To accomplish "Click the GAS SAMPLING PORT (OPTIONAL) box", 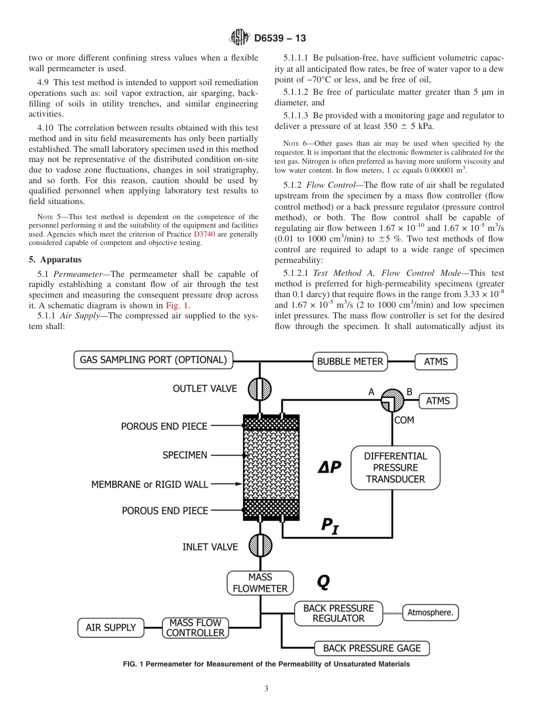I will coord(154,360).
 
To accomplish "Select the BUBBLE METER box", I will coord(350,362).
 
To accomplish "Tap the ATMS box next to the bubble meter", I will coord(436,362).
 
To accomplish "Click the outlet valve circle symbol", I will coord(260,388).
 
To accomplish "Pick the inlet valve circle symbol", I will coord(260,546).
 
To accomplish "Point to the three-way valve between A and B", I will coord(392,401).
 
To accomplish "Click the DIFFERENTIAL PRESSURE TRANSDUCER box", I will coord(395,467).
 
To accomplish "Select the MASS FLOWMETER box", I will coord(260,583).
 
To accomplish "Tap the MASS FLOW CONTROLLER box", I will coord(195,627).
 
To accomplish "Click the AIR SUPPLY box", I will coord(111,627).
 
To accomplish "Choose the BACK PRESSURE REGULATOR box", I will coord(338,613).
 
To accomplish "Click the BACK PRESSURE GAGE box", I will coord(371,648).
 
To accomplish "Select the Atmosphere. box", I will coord(430,613).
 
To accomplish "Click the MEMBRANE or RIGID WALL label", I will coord(149,484).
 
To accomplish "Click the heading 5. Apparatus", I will coord(55,260).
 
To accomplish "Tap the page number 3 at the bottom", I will coord(266,689).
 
